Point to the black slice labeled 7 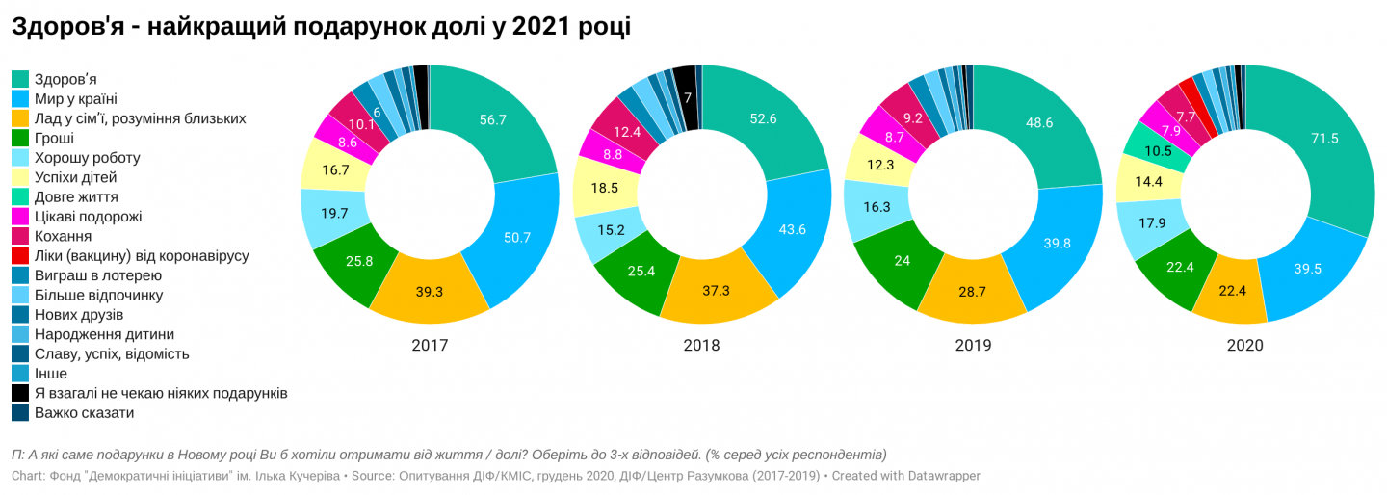point(686,96)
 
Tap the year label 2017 point(430,345)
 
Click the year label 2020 point(1244,345)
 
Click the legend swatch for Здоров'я point(20,79)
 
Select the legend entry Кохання point(63,236)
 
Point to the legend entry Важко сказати point(84,413)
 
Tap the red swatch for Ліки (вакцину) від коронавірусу point(20,256)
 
